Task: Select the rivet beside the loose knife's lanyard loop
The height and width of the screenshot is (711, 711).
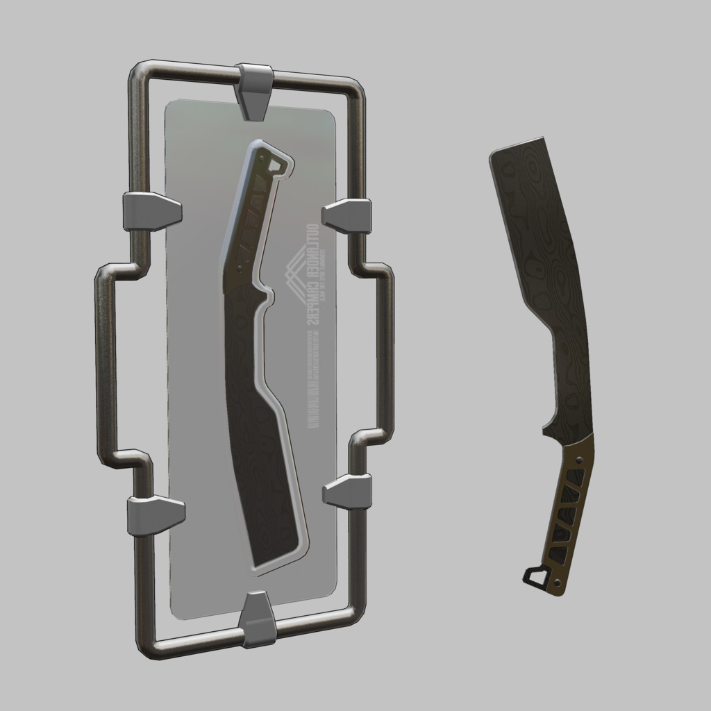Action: pyautogui.click(x=558, y=580)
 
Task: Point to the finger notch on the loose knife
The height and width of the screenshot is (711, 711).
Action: pyautogui.click(x=549, y=421)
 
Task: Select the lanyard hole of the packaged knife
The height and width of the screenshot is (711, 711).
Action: pyautogui.click(x=278, y=166)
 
